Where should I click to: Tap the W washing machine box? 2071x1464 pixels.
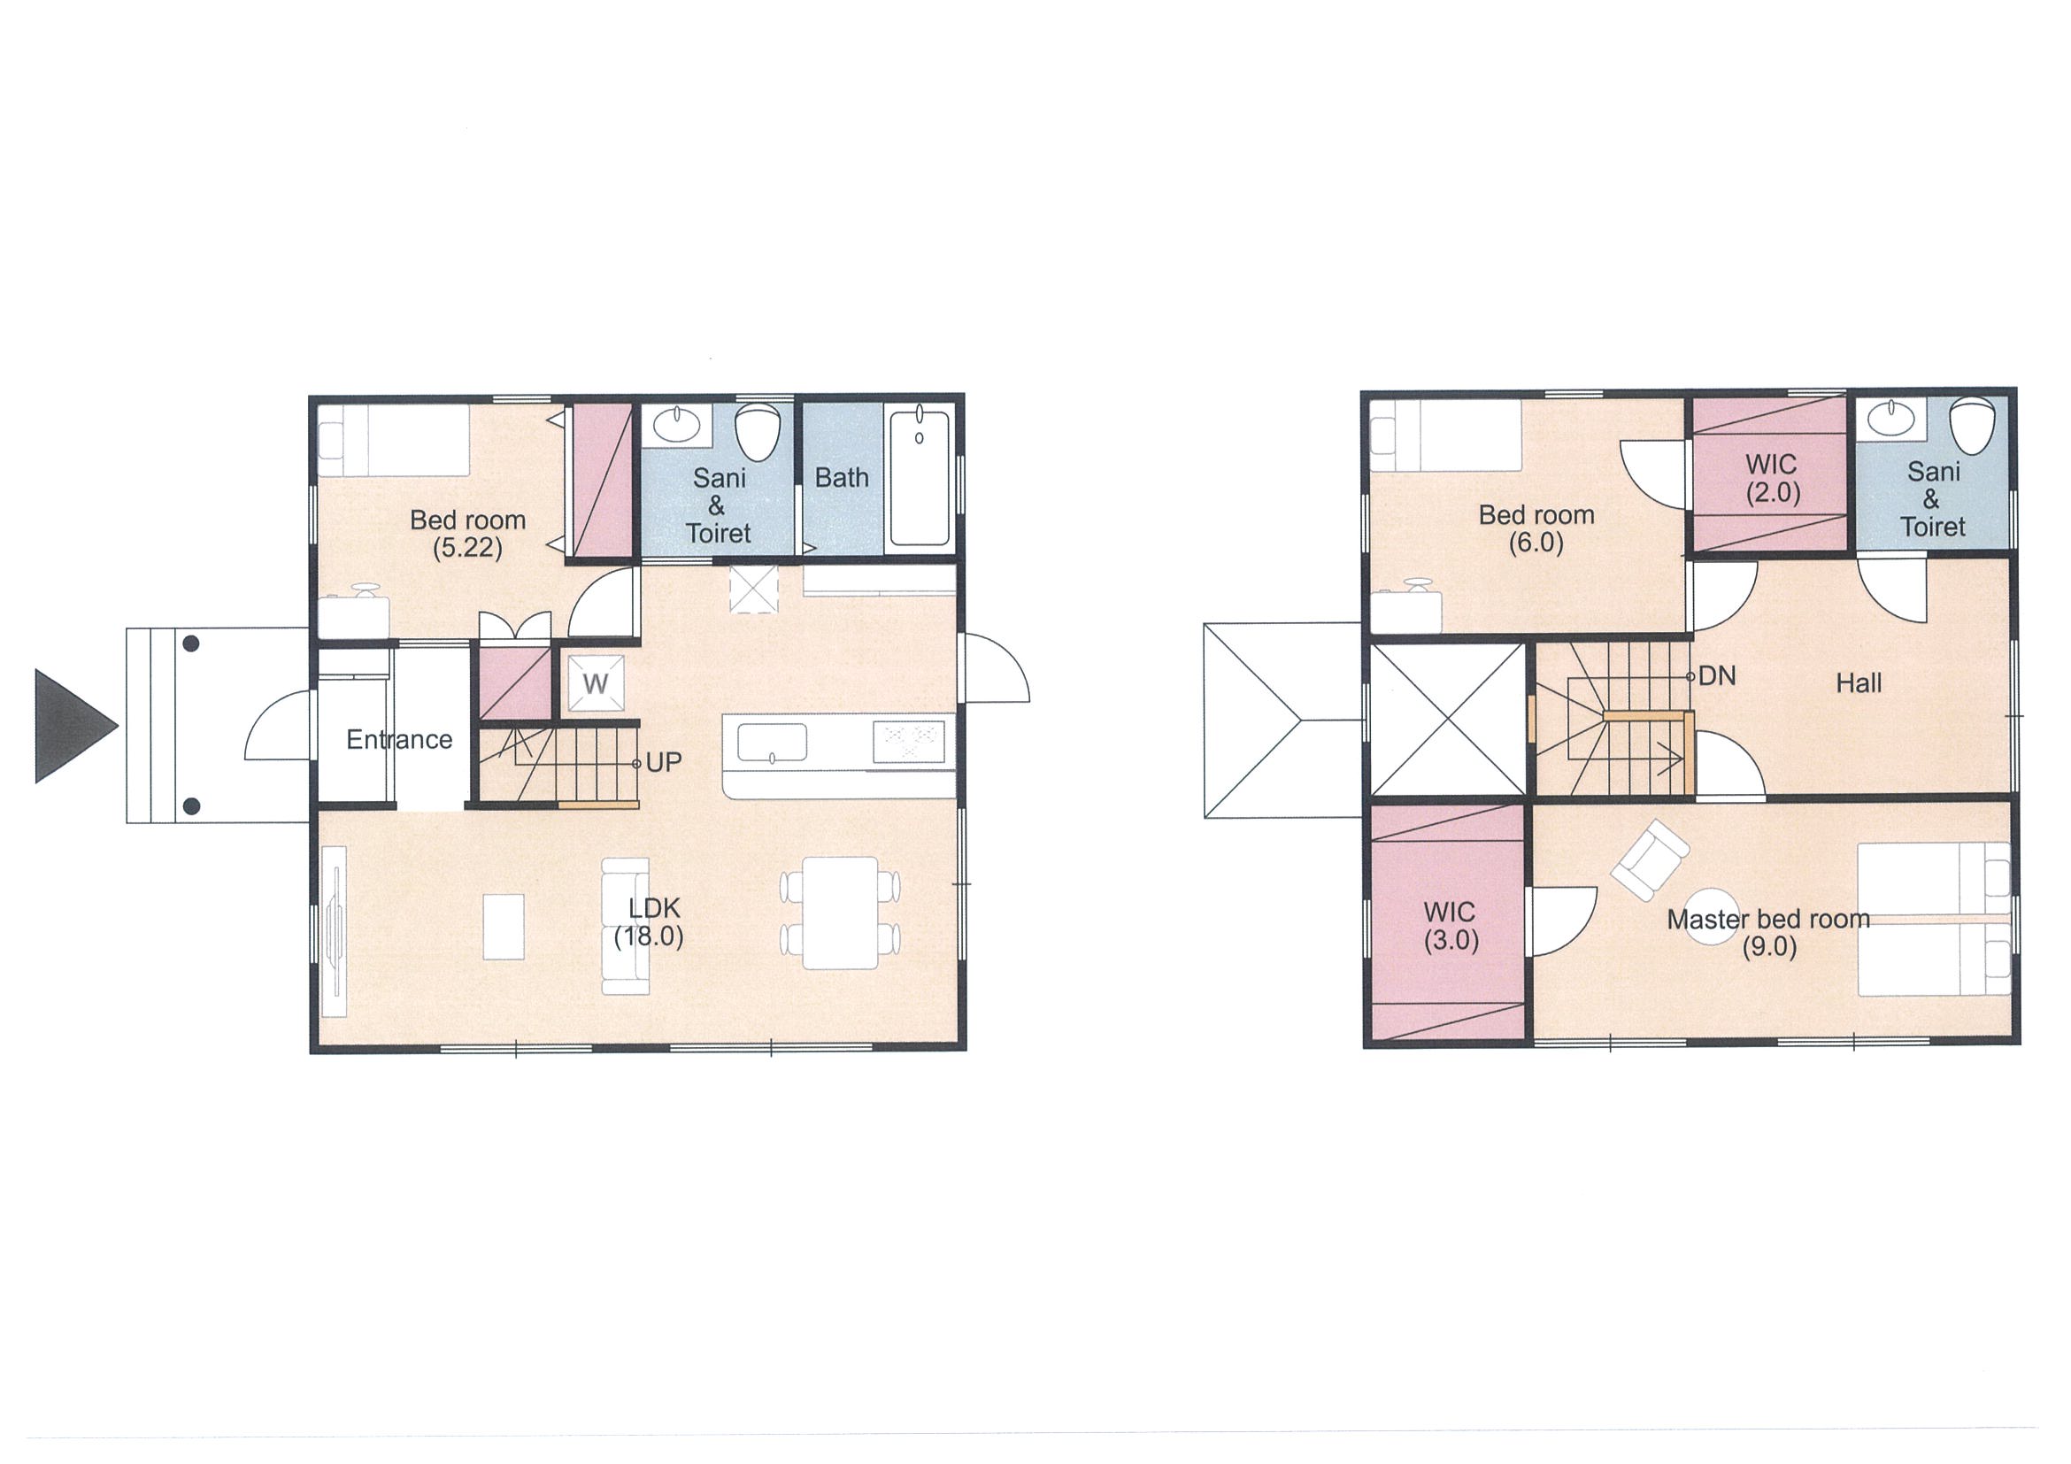596,682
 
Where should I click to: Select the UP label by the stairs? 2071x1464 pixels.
664,762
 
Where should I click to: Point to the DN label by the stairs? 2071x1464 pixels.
1716,675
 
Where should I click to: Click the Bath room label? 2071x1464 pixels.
842,477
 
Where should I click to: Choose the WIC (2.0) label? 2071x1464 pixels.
1772,479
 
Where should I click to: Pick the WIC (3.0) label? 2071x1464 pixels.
1451,927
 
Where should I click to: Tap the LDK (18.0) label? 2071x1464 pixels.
650,922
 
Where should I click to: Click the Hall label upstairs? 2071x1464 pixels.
1859,682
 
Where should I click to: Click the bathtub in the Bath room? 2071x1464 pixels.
920,477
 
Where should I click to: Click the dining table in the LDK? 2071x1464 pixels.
840,913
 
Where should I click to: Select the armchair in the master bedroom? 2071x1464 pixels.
1651,859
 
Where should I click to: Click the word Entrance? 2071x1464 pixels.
399,740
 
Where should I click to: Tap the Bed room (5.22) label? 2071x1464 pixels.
467,533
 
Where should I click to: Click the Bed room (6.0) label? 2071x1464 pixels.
1536,528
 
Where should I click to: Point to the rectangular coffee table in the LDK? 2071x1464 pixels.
504,927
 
